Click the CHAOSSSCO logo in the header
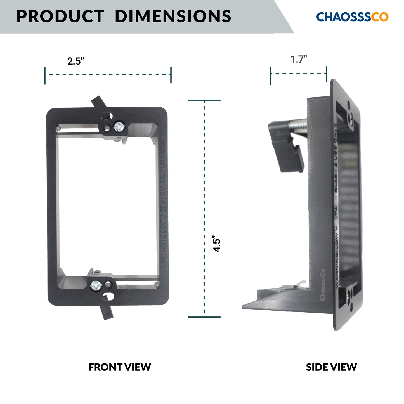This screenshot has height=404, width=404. pos(352,17)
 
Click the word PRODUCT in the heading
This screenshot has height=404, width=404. pos(60,16)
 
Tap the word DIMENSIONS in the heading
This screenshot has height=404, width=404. pos(173,16)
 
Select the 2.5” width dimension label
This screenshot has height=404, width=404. pos(76,61)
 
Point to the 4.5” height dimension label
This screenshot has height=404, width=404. pos(217,244)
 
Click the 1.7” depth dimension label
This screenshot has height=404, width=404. pos(299,59)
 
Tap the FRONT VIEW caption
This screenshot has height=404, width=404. pos(119,367)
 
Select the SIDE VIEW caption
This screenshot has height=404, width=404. pos(331,367)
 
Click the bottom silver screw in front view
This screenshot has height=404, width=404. pos(96,285)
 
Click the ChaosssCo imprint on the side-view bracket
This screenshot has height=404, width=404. pos(322,285)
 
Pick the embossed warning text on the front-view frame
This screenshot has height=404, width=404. pos(163,205)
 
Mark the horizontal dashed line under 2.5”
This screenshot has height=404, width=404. pos(108,74)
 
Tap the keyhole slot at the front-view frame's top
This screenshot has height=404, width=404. pos(107,115)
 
